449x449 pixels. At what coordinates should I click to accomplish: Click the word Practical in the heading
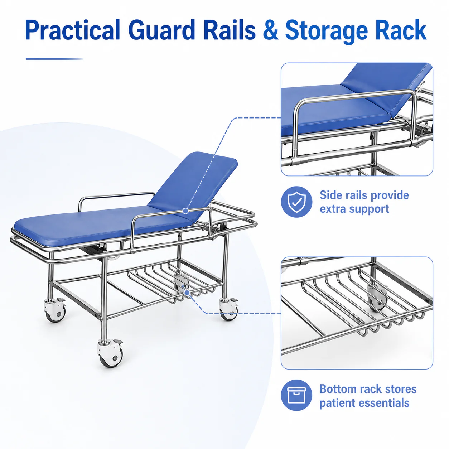tap(72, 30)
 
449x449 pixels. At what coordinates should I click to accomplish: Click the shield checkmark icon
tap(296, 202)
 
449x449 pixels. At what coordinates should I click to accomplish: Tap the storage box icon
tap(296, 395)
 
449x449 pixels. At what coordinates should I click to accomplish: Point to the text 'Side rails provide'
tap(364, 195)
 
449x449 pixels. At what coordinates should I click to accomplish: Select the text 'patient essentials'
tap(364, 403)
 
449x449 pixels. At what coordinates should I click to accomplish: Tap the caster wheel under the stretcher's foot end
tap(55, 310)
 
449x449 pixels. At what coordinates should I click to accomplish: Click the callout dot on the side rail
tap(185, 211)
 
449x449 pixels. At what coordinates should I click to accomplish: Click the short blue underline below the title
tap(54, 59)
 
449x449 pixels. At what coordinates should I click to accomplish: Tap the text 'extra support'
tap(354, 209)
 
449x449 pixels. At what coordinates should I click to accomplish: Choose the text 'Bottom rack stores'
tap(368, 389)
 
